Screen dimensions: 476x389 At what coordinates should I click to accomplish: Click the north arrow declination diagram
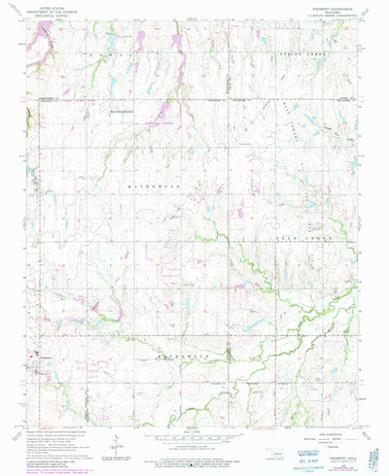(x=117, y=442)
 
